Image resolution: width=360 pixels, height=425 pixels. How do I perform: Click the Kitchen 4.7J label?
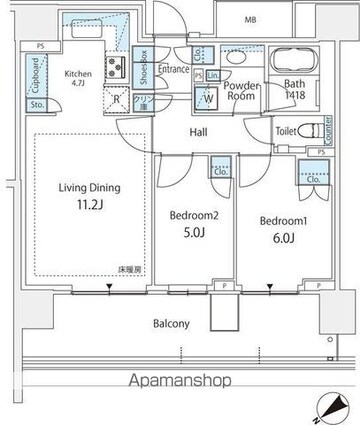(x=78, y=78)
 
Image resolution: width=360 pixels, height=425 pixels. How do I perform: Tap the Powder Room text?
(x=243, y=91)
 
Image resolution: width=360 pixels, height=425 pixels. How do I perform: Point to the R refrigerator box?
(x=118, y=99)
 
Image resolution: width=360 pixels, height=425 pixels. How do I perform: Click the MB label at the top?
(x=250, y=17)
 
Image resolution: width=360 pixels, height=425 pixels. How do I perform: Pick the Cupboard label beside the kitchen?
(x=36, y=76)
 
